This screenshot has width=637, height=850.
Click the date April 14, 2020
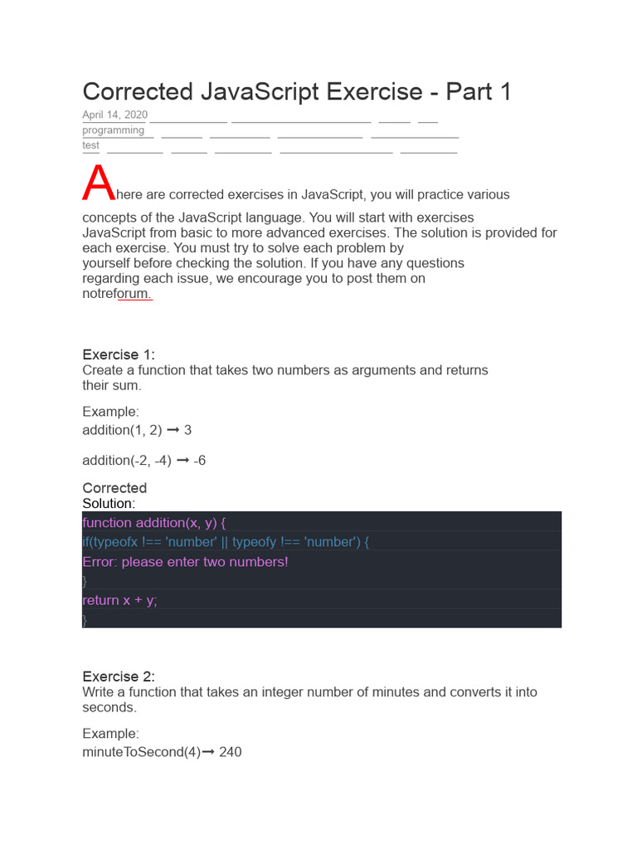pos(114,115)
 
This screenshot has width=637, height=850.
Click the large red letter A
pos(98,184)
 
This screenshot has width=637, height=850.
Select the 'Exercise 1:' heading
pos(119,355)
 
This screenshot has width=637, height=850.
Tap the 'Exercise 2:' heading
pos(119,677)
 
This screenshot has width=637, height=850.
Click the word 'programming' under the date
pos(113,130)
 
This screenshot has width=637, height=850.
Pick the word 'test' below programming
pos(90,145)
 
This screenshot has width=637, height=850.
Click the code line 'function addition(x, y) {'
pos(154,522)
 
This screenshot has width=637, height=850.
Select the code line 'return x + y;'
pos(119,600)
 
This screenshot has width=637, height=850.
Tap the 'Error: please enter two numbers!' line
pos(185,562)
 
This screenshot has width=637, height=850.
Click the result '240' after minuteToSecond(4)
pos(231,753)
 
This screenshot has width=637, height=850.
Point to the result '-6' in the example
pos(200,460)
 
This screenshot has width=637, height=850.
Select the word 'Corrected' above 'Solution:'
pos(114,488)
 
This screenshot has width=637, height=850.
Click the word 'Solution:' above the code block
pos(109,503)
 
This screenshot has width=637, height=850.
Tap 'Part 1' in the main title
pos(479,91)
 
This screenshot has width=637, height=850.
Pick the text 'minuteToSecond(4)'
pos(141,753)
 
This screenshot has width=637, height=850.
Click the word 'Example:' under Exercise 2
pos(110,734)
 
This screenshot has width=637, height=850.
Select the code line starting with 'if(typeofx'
pos(226,542)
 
